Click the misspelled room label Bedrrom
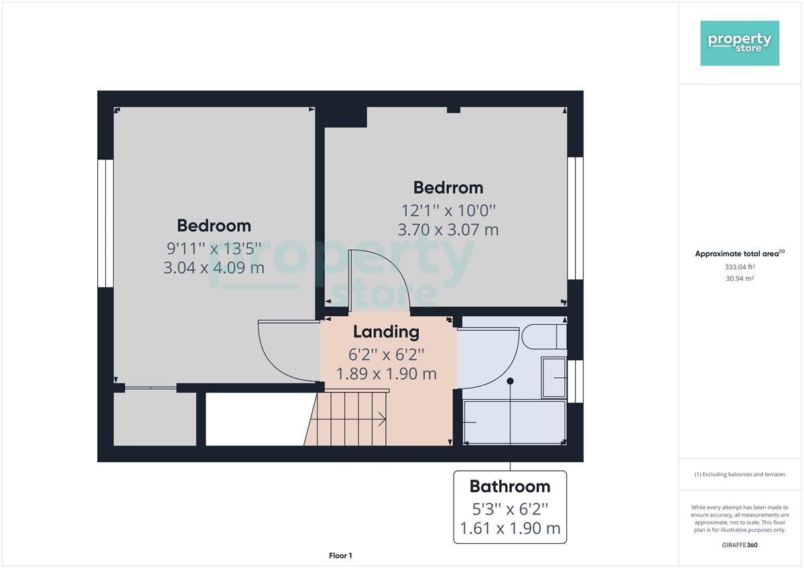[x=448, y=188]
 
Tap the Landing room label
[x=386, y=332]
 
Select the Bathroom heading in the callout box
[x=510, y=486]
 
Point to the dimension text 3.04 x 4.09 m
[x=214, y=267]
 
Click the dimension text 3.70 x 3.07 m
[x=448, y=230]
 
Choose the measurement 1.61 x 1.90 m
[x=510, y=528]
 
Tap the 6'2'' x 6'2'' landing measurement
[x=386, y=355]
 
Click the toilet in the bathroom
[x=544, y=336]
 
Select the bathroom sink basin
[x=554, y=378]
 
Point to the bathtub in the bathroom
[x=515, y=423]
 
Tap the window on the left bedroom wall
[x=106, y=223]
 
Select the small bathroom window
[x=576, y=381]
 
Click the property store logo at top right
[x=740, y=43]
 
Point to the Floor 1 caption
[x=340, y=555]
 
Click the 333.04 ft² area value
[x=740, y=267]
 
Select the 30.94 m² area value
[x=740, y=279]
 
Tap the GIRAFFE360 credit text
[x=740, y=545]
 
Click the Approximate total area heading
[x=740, y=254]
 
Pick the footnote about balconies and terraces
[x=740, y=474]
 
